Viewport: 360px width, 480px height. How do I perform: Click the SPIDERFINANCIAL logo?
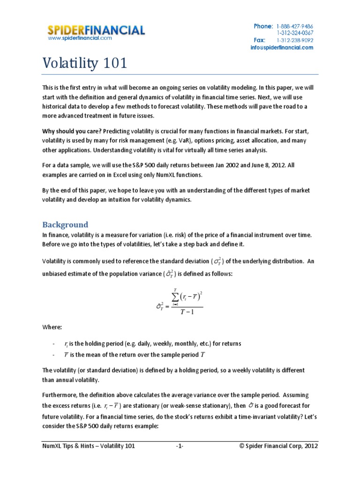tap(96, 30)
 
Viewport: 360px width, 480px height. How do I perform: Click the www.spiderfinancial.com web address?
tap(80, 38)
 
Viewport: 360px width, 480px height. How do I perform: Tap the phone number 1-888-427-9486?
tap(295, 26)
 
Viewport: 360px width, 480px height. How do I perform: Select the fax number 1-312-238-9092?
tap(295, 40)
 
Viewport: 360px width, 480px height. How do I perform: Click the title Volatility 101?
tap(85, 63)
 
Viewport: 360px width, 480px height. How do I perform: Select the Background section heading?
tap(65, 224)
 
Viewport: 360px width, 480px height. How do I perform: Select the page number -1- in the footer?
tap(180, 446)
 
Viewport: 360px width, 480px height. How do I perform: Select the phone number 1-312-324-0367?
tap(295, 33)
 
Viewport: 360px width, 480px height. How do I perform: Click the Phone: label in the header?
tap(263, 26)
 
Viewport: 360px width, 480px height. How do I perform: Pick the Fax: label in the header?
tap(260, 40)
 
